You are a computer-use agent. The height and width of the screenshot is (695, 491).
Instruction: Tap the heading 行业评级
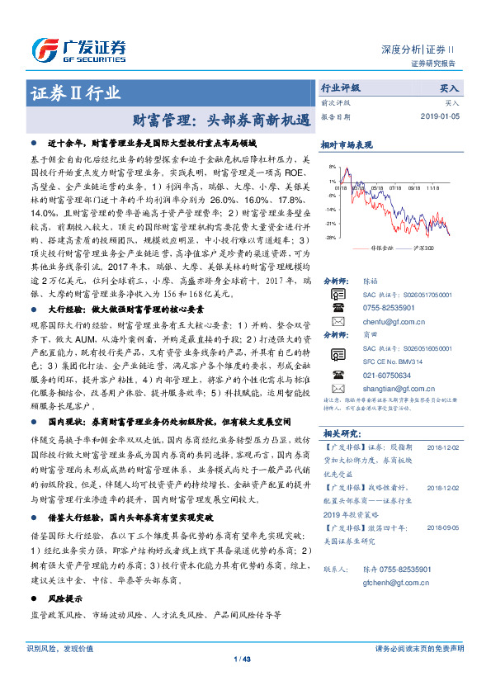(x=340, y=87)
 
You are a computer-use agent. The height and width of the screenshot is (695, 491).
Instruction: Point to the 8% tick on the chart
(x=331, y=168)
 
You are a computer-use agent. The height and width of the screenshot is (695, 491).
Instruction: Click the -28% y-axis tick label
(x=329, y=238)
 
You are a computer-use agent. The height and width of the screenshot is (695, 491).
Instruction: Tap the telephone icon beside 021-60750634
(x=338, y=375)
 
